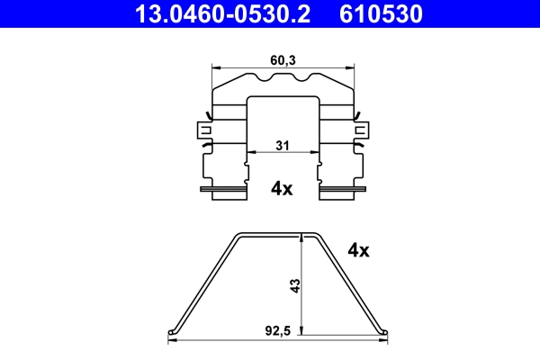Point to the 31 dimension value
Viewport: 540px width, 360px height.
[282, 146]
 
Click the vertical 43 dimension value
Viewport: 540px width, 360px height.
[295, 285]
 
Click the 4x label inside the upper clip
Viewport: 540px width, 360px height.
[282, 188]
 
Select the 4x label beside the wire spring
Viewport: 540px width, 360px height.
[358, 251]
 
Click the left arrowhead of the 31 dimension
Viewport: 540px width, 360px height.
[250, 153]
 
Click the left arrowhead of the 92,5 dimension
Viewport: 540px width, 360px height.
[173, 341]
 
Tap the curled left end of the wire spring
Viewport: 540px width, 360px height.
[173, 332]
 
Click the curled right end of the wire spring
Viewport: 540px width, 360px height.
[385, 332]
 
